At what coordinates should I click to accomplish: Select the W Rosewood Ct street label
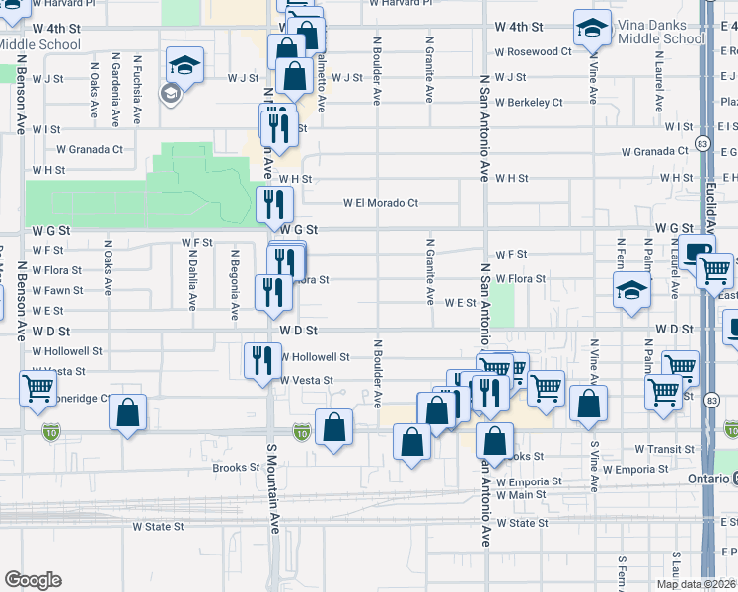coord(533,51)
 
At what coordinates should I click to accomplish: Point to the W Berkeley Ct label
coord(530,102)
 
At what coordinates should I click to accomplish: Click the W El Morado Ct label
coord(381,203)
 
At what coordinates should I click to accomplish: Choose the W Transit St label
coord(665,448)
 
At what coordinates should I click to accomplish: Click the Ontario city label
coord(706,479)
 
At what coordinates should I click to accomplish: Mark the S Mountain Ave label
coord(273,487)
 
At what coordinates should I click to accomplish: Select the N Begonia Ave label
coord(235,284)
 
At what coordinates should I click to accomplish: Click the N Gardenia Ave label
coord(115,89)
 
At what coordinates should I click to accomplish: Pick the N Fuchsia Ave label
coord(137,89)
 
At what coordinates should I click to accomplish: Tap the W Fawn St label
coord(57,290)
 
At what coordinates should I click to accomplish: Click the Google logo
coord(33,580)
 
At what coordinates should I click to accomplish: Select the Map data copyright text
coord(697,584)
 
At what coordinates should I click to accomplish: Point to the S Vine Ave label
coord(594,465)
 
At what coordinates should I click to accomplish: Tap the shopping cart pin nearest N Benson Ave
coord(37,388)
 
